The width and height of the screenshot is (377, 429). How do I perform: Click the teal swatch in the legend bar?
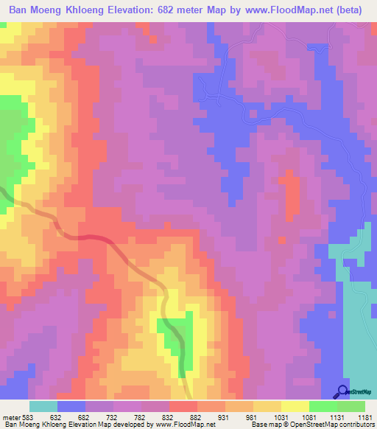[x=43, y=406]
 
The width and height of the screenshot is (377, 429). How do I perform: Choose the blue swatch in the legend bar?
[x=71, y=406]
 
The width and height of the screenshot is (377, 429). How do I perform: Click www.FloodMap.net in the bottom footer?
[x=177, y=425]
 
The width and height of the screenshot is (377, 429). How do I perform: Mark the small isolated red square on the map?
[x=281, y=240]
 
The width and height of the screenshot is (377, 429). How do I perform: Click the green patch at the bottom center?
[x=176, y=335]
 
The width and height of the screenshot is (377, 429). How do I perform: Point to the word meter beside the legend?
[x=11, y=416]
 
